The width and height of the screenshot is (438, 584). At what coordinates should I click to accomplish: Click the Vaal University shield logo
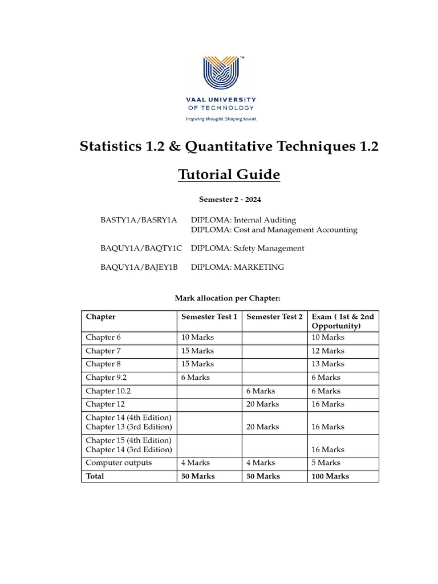coord(221,73)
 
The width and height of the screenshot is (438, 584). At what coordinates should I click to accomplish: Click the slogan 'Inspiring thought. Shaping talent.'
coord(221,119)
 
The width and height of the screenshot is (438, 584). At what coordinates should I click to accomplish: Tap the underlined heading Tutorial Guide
coord(229,174)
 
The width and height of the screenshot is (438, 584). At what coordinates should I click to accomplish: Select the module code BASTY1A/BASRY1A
coord(139,220)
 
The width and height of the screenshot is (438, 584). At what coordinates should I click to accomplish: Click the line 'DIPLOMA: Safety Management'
coord(248,248)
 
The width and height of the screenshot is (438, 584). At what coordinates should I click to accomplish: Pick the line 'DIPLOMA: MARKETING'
coord(237,267)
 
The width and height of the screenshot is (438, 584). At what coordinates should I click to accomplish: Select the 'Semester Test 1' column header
coord(209,317)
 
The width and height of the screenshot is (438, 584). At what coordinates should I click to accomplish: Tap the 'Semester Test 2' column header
coord(274,317)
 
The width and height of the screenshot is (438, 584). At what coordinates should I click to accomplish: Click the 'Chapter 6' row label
coord(103,337)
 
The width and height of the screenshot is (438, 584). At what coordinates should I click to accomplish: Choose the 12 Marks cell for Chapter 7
coord(328,351)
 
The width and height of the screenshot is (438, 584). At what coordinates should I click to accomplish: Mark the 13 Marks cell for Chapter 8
coord(328,364)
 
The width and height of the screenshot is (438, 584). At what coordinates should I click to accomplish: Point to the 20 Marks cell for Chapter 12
coord(262,404)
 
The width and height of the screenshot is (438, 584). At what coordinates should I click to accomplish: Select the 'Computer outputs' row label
coord(119,463)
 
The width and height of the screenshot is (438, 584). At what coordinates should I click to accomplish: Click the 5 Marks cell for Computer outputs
coord(326,463)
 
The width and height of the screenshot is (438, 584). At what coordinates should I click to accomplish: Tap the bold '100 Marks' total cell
coord(331,476)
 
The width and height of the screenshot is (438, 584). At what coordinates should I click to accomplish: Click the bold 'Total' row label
coord(95,476)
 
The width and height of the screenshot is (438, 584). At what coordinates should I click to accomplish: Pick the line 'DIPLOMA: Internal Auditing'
coord(244,220)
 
